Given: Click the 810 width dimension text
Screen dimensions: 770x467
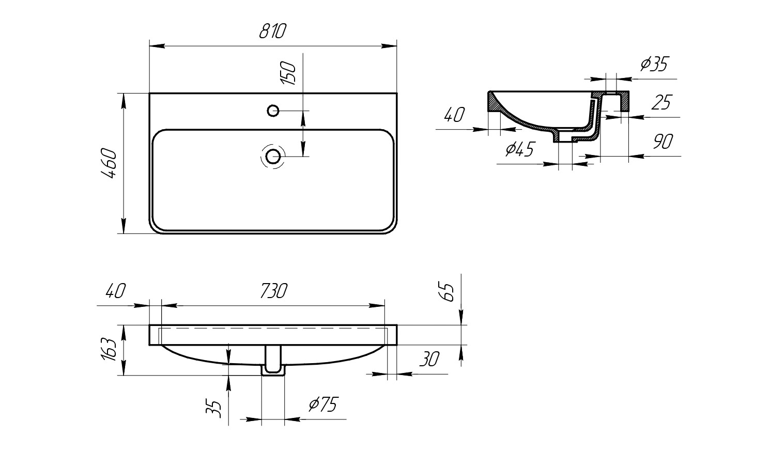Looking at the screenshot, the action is (272, 31).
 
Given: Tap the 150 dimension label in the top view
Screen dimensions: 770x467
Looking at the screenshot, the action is (288, 73).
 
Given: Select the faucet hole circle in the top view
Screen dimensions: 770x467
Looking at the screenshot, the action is (273, 111).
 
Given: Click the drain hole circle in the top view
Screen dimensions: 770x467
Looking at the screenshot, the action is (273, 157).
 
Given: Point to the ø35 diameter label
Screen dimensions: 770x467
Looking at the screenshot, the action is (654, 64).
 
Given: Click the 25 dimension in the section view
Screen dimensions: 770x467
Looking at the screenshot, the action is (661, 102).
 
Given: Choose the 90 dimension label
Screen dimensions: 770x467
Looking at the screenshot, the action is (663, 141).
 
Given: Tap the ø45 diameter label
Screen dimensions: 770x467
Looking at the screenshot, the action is (520, 149).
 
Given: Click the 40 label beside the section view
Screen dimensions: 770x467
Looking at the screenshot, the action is (454, 115).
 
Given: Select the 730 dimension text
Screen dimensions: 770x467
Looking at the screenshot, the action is (273, 291).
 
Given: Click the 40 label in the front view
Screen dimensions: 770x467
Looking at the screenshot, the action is (116, 291).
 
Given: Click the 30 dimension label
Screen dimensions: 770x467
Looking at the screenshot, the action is (429, 359).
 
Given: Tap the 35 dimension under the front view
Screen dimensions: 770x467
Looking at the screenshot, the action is (213, 408).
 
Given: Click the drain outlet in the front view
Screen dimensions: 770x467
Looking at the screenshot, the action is (273, 360).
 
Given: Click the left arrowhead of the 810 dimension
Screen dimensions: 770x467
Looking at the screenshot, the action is (157, 46).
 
